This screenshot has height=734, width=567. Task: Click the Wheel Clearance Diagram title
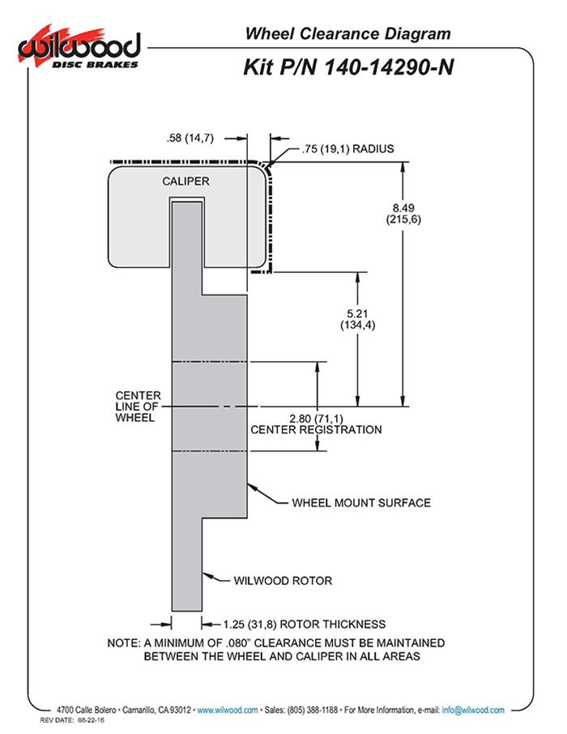coord(347,34)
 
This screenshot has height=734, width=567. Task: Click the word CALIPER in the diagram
coord(185,181)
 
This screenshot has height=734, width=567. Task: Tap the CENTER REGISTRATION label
coord(316,429)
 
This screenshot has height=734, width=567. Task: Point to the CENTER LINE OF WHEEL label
coord(138,406)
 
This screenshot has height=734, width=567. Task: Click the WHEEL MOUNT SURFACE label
coord(360,502)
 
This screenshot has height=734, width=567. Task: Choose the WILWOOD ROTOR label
coord(283,580)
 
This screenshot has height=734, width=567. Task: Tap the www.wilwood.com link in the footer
coord(228,710)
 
